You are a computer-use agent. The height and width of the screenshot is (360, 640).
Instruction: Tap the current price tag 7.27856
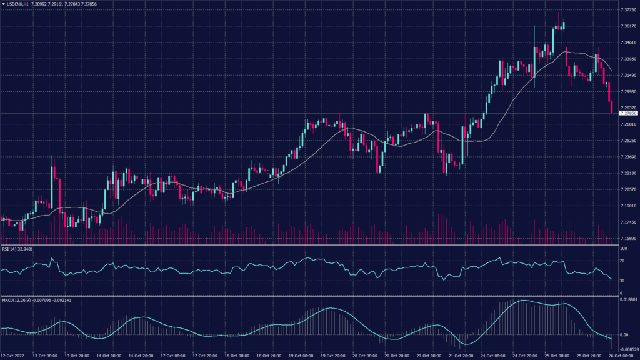pyautogui.click(x=627, y=114)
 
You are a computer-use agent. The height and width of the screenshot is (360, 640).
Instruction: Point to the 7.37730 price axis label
pyautogui.click(x=627, y=10)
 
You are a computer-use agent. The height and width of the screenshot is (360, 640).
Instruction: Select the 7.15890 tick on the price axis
pyautogui.click(x=627, y=238)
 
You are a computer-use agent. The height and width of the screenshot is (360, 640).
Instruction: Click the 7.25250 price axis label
pyautogui.click(x=627, y=141)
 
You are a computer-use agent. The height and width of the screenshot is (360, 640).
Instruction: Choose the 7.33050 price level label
pyautogui.click(x=627, y=59)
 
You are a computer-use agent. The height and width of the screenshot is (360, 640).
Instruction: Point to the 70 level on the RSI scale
pyautogui.click(x=622, y=261)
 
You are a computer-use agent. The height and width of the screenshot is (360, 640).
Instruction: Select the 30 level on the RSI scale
pyautogui.click(x=622, y=281)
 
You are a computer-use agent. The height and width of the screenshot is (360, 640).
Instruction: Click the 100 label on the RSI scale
pyautogui.click(x=623, y=249)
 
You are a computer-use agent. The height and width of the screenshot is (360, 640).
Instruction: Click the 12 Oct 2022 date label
pyautogui.click(x=14, y=356)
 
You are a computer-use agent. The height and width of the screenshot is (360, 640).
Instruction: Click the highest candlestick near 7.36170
pyautogui.click(x=563, y=26)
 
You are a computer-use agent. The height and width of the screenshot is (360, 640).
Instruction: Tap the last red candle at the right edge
pyautogui.click(x=611, y=106)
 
